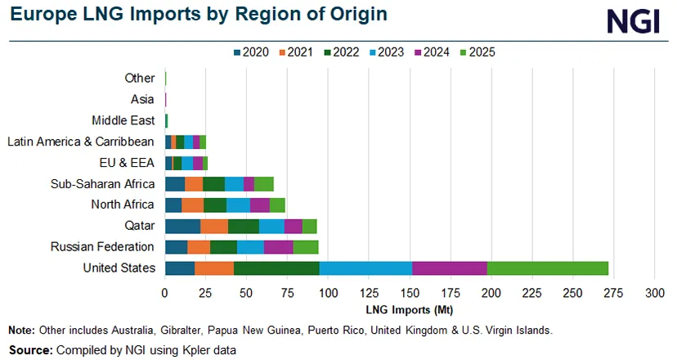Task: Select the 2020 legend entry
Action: pyautogui.click(x=253, y=52)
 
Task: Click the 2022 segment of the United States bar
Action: pyautogui.click(x=276, y=268)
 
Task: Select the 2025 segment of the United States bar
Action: pyautogui.click(x=548, y=268)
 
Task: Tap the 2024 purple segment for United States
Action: pyautogui.click(x=450, y=268)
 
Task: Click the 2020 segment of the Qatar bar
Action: pyautogui.click(x=182, y=226)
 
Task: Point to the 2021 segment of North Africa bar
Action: pyautogui.click(x=192, y=205)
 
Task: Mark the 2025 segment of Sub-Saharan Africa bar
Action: pyautogui.click(x=264, y=183)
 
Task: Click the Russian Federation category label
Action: pyautogui.click(x=102, y=247)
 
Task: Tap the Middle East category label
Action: pyautogui.click(x=122, y=120)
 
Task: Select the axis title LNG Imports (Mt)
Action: pyautogui.click(x=410, y=311)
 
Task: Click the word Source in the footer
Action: pyautogui.click(x=29, y=349)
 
